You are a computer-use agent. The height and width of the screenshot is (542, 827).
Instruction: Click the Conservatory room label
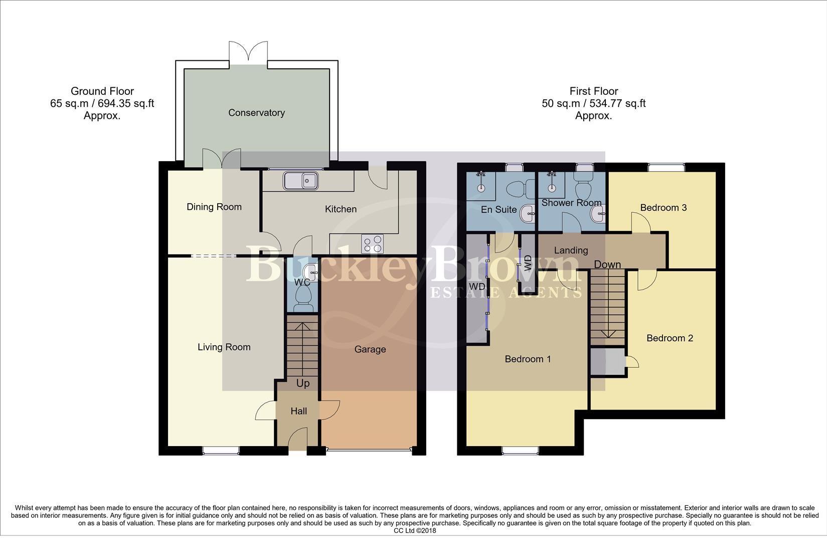point(256,113)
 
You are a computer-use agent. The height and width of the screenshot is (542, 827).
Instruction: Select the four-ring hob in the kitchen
point(372,244)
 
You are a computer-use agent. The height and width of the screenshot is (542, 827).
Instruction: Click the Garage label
point(370,349)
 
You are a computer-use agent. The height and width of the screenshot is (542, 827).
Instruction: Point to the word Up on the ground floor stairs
point(303,383)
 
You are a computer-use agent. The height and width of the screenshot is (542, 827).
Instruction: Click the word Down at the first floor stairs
point(607,264)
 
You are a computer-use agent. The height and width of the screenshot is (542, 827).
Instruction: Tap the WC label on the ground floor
point(302,283)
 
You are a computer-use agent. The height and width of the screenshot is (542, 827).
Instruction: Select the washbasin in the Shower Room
point(598,215)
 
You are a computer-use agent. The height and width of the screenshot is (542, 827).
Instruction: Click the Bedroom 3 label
point(663,208)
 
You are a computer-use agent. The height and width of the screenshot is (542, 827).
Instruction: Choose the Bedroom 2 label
point(670,338)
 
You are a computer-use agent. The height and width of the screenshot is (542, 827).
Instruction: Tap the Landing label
point(571,250)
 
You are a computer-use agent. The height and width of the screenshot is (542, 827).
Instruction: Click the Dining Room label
point(214,207)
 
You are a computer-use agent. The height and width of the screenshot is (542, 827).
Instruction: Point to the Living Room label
point(224,347)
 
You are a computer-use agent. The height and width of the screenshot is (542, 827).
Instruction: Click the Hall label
point(299,412)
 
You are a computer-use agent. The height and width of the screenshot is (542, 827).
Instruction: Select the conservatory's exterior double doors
point(248,52)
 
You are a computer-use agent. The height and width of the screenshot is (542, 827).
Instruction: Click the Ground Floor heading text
point(102,91)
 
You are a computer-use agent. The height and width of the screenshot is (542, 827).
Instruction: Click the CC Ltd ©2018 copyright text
point(415,530)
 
